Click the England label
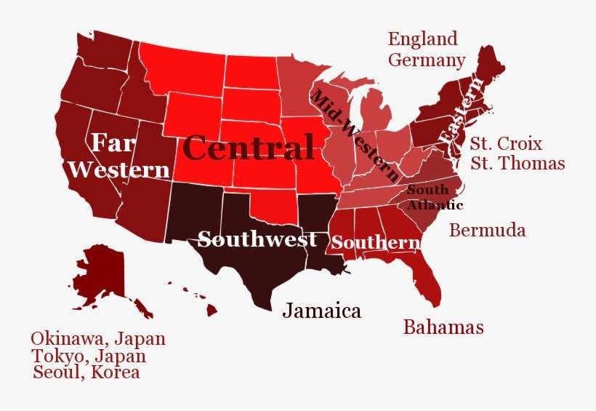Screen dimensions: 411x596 (x=422, y=39)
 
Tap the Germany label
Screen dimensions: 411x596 (x=426, y=60)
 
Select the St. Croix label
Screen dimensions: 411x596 (x=505, y=143)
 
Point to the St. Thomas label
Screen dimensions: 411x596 (x=517, y=163)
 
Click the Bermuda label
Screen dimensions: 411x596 (x=487, y=231)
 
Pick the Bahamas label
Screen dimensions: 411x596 (x=443, y=327)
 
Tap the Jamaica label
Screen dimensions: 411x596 (x=321, y=311)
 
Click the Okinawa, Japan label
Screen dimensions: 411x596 (x=98, y=338)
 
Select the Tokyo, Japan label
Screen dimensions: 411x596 (x=88, y=356)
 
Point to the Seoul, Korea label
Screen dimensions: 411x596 (x=86, y=373)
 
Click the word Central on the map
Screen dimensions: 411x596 (x=249, y=148)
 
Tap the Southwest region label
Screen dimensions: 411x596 (x=257, y=239)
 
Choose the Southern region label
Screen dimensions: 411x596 (x=376, y=243)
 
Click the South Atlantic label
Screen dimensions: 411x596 (x=433, y=197)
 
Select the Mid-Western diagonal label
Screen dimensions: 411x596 (x=355, y=136)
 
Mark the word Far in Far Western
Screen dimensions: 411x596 (x=112, y=141)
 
